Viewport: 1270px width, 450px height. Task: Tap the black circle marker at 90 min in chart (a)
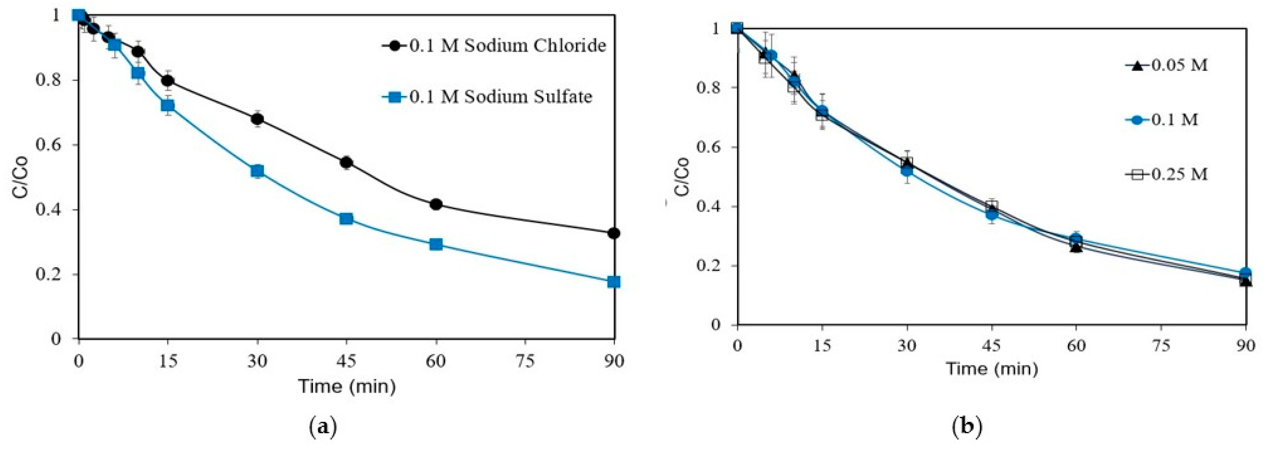[x=614, y=233]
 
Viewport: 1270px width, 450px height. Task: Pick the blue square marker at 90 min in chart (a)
[x=614, y=282]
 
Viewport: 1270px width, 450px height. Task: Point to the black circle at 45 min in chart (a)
[x=346, y=162]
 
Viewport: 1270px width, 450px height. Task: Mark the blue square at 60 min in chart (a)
[x=436, y=244]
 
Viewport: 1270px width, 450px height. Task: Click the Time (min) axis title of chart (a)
[x=346, y=386]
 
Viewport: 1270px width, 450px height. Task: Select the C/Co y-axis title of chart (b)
[x=682, y=176]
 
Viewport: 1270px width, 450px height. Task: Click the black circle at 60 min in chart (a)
[x=436, y=204]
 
